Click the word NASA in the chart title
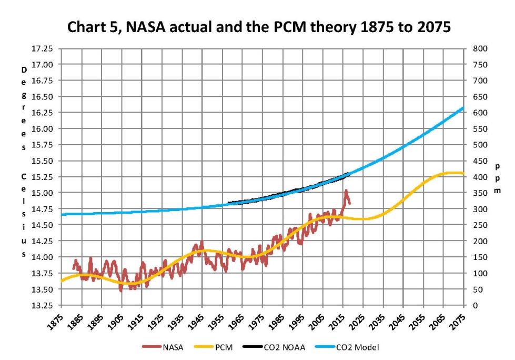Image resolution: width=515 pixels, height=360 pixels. [x=165, y=27]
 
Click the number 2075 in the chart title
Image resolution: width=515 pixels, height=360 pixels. [x=433, y=27]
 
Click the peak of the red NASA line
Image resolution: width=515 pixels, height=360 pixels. [x=346, y=191]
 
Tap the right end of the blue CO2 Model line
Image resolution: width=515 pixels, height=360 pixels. [x=463, y=108]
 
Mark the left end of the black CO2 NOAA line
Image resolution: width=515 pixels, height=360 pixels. [x=227, y=203]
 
